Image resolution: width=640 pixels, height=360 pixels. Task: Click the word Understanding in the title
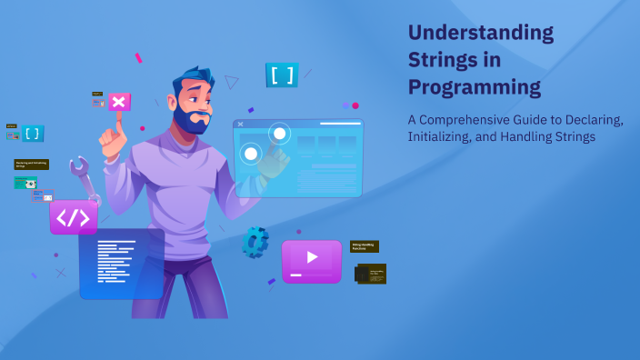click(480, 33)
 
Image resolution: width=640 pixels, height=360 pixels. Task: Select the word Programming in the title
click(474, 87)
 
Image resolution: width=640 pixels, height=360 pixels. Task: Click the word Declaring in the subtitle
click(590, 120)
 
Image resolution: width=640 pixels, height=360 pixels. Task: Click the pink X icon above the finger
click(119, 101)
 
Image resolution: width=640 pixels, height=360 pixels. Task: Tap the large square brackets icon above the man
click(282, 75)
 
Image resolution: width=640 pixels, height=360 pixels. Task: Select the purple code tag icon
click(74, 218)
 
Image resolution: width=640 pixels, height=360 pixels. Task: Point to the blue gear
click(255, 241)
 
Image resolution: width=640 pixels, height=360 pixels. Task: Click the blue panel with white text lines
click(121, 263)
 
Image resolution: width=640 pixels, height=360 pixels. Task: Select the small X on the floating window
click(240, 124)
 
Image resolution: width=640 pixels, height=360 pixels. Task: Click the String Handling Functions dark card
click(365, 246)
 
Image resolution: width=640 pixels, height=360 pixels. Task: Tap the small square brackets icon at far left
click(33, 134)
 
